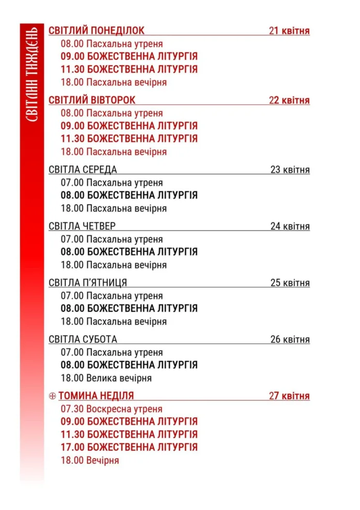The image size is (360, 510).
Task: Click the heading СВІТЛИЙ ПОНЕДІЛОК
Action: coord(96,31)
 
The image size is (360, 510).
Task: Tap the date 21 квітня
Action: coord(289,31)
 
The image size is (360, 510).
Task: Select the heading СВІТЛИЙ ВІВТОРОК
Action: coord(92,100)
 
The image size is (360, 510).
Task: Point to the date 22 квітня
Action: coord(289,100)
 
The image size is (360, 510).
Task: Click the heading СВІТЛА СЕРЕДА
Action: coord(83,170)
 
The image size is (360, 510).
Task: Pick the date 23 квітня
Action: coord(290,170)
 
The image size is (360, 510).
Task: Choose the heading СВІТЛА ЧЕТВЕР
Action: coord(82,226)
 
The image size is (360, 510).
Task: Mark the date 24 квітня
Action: coord(290,226)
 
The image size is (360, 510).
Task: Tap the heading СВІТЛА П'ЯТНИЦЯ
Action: coord(88,283)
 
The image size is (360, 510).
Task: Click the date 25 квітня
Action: coord(290,283)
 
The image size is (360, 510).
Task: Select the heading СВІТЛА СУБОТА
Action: coord(83,339)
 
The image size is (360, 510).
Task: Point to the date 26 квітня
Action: coord(290,339)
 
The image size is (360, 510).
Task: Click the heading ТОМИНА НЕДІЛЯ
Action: coord(96,396)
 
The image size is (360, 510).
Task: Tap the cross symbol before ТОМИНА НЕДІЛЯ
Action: coord(52,396)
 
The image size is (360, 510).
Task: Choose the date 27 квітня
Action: coord(289,396)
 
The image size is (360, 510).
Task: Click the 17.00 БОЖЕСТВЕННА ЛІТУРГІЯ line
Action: coord(129,447)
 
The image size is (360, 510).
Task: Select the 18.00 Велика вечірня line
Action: coord(107,378)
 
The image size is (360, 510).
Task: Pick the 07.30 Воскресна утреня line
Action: coord(112,409)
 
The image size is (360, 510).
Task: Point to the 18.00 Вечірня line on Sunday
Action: coord(90,460)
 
